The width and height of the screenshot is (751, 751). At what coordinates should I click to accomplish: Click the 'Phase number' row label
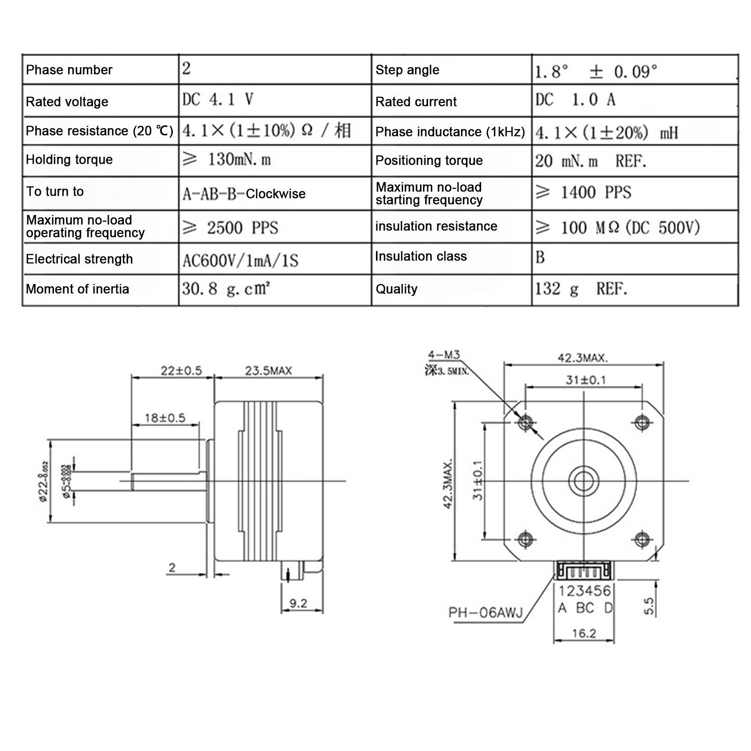tap(69, 70)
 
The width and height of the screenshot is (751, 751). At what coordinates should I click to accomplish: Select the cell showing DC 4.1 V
tap(218, 100)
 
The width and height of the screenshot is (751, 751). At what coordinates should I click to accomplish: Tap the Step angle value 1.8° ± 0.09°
tap(596, 71)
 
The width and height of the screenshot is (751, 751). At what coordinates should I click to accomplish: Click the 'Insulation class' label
tap(421, 256)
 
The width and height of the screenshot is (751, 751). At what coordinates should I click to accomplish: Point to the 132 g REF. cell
tap(581, 289)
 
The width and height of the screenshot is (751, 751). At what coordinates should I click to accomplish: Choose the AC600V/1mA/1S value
tap(240, 261)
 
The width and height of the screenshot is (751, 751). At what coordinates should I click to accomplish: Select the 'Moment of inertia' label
tap(77, 289)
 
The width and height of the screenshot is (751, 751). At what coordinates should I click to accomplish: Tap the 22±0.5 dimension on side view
tap(181, 371)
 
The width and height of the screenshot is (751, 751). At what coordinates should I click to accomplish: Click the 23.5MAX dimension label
tap(268, 371)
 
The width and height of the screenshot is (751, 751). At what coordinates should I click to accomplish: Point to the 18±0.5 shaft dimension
tap(165, 418)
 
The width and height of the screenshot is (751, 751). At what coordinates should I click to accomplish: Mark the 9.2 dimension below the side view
tap(298, 603)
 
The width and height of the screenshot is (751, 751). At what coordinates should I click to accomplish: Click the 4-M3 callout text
tap(444, 355)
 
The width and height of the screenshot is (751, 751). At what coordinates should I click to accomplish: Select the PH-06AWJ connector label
tap(485, 613)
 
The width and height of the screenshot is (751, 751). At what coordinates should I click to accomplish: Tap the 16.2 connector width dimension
tap(584, 633)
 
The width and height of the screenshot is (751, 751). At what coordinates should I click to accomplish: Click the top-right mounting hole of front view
tap(642, 422)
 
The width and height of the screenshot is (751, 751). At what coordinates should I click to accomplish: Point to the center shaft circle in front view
tap(583, 481)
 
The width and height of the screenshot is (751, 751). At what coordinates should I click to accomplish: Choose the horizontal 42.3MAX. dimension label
tap(582, 358)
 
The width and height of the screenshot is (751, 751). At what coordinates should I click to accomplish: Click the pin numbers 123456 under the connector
tap(584, 590)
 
